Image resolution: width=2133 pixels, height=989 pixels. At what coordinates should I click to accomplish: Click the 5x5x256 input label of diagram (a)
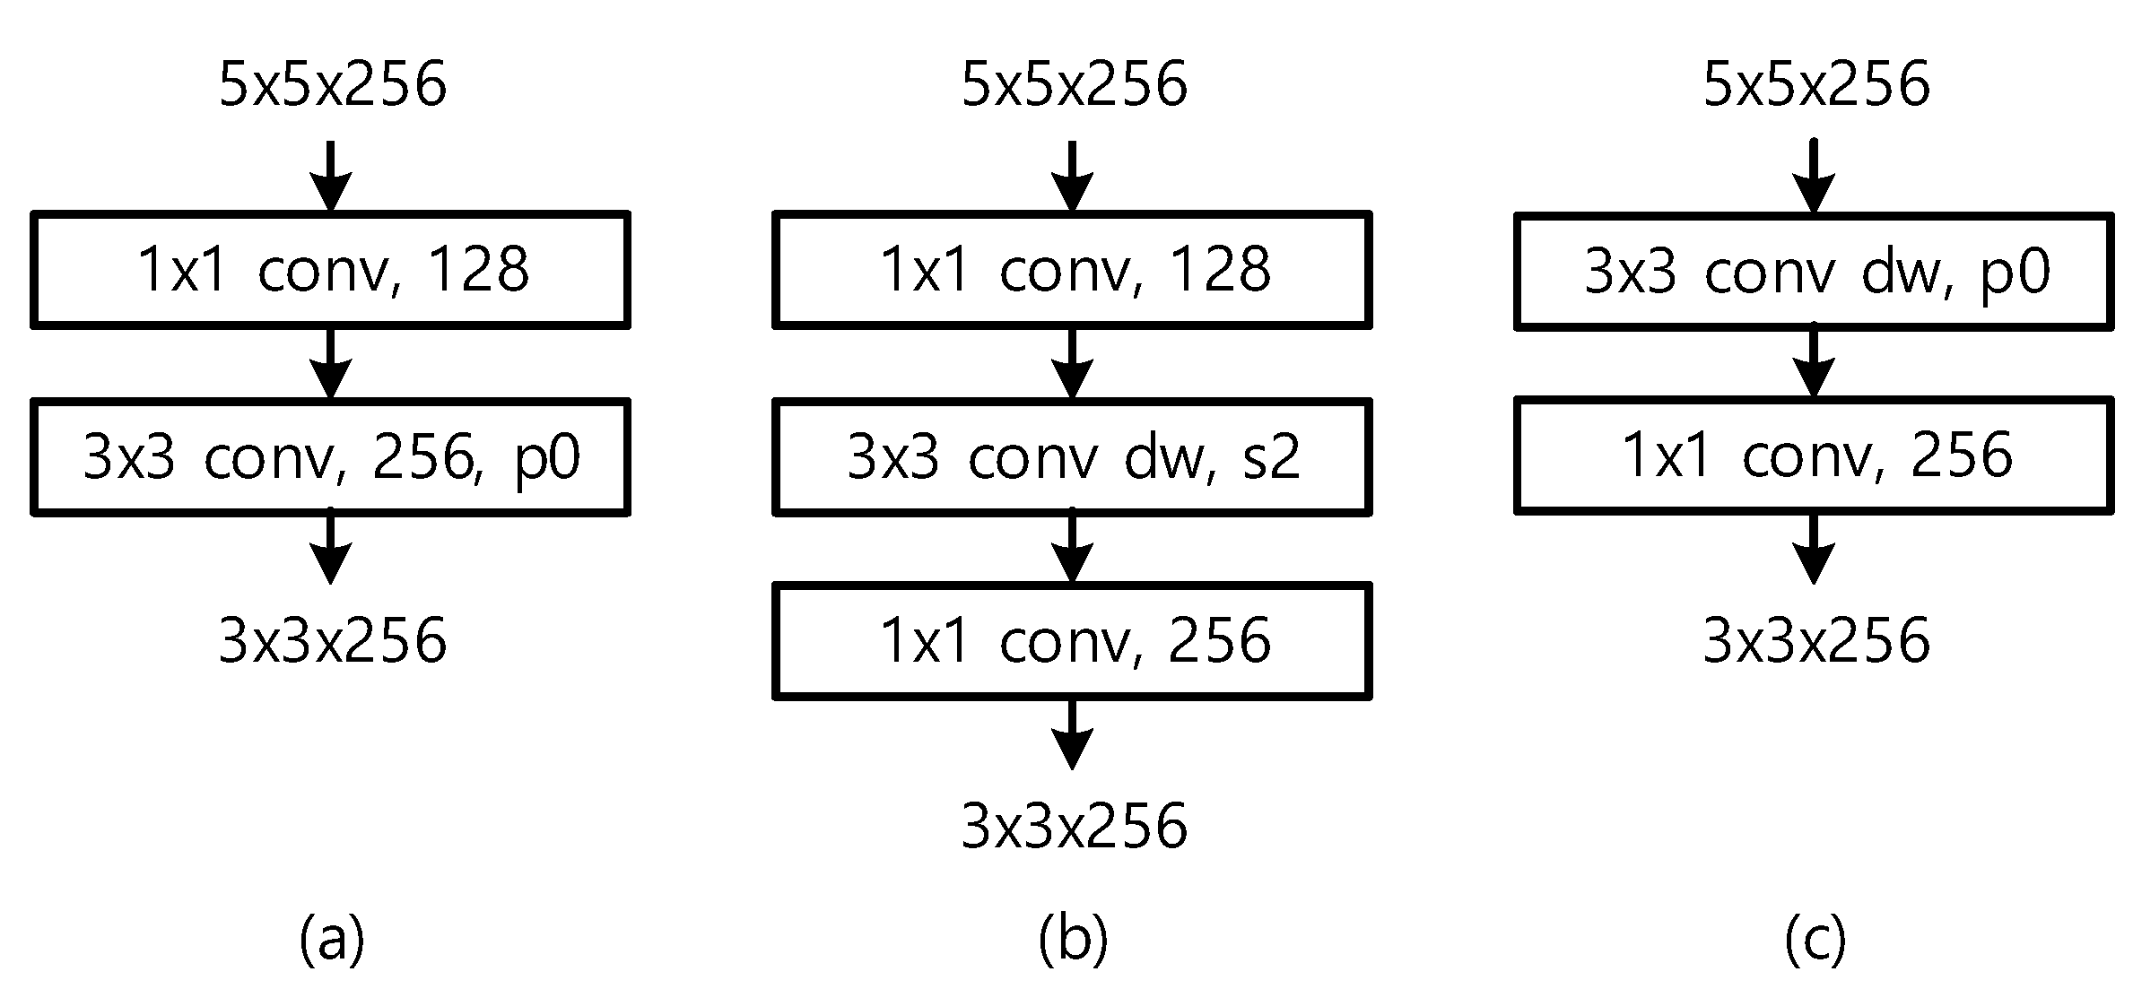coord(332,86)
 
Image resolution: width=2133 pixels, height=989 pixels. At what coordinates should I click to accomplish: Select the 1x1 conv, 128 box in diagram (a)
coord(331,270)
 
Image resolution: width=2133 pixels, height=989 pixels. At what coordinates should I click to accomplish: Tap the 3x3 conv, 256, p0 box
coord(331,457)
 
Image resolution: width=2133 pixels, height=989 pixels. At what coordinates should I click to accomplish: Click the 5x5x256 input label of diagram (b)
coord(1074,86)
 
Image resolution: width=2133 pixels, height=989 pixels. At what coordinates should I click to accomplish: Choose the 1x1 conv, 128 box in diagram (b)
coord(1073,270)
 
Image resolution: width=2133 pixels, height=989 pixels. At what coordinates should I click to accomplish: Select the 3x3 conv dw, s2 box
coord(1073,457)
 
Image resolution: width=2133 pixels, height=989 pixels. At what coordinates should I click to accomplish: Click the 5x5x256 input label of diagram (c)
coord(1815,86)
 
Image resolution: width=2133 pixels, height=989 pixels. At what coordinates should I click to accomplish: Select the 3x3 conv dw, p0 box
coord(1815,272)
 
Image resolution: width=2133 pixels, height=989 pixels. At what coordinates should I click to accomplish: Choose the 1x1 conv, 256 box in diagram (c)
coord(1815,456)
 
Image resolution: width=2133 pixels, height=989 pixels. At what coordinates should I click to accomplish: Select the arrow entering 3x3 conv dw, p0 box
coord(1814,178)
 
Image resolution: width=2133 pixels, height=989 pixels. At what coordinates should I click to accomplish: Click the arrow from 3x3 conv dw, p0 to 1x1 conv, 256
coord(1814,363)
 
